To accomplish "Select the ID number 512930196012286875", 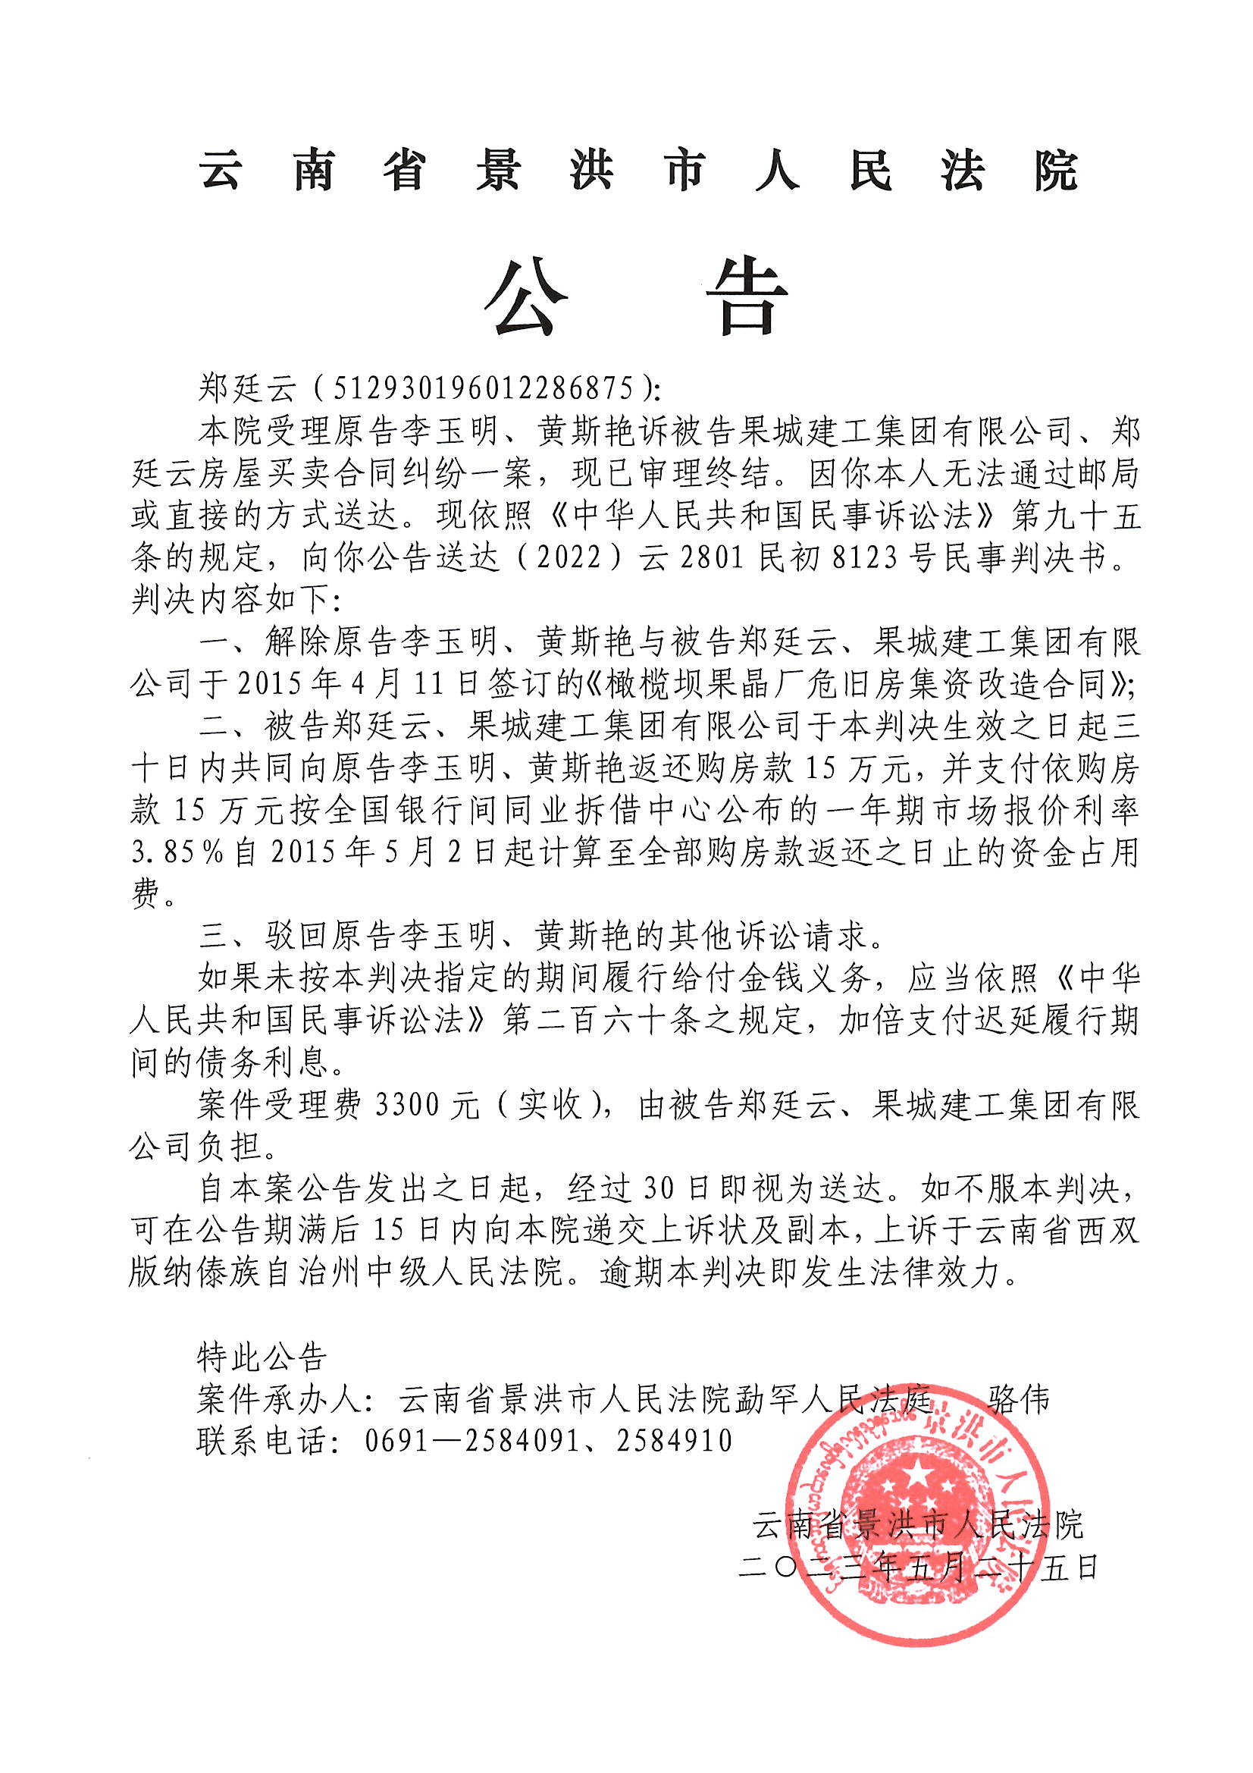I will [x=484, y=388].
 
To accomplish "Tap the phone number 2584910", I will [x=674, y=1440].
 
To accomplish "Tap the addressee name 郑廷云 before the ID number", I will [x=247, y=388].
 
